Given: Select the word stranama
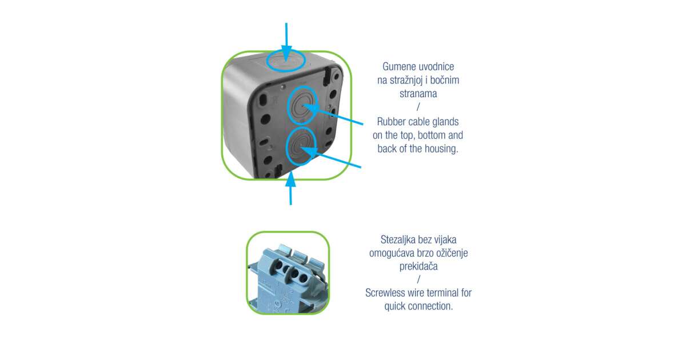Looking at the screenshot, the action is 418,93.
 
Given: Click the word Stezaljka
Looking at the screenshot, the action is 398,239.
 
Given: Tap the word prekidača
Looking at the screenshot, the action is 418,266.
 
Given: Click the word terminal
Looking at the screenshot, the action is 443,293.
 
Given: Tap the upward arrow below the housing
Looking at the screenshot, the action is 290,188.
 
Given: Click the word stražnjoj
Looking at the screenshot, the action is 406,80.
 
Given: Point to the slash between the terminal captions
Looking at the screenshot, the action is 418,279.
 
